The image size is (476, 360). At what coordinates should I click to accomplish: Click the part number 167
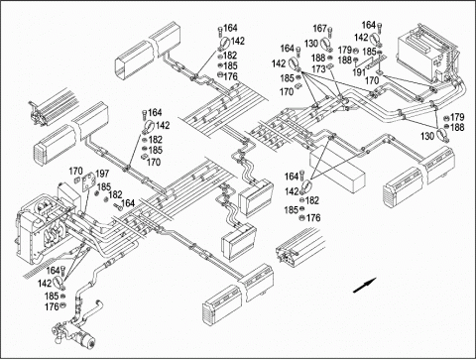(319, 29)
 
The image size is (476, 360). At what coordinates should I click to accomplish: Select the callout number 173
(318, 69)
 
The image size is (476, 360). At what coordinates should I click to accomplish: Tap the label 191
(359, 72)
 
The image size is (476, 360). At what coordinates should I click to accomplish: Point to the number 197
(102, 174)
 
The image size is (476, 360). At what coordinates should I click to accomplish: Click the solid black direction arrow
(365, 285)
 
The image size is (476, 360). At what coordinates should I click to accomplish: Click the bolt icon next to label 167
(330, 32)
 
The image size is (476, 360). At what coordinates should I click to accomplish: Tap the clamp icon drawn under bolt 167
(325, 45)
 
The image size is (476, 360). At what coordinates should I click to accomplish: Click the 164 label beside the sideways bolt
(128, 203)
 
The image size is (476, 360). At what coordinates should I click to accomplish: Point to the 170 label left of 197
(75, 172)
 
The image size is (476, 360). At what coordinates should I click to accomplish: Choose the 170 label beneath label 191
(372, 80)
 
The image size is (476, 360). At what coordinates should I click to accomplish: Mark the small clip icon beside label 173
(330, 67)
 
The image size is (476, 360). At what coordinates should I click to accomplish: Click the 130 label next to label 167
(311, 44)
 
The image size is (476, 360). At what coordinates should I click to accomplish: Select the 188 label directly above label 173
(318, 58)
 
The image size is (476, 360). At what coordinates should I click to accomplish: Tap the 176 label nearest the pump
(52, 307)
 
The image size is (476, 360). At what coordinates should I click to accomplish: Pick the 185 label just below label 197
(104, 187)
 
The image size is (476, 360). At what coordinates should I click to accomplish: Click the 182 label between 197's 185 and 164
(115, 194)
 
